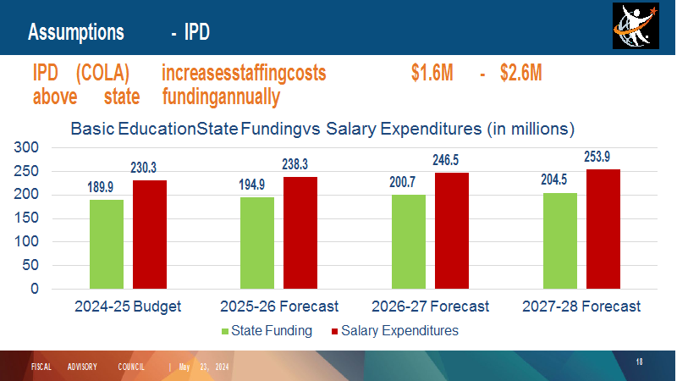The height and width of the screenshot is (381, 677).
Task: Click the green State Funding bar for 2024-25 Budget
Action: tap(107, 244)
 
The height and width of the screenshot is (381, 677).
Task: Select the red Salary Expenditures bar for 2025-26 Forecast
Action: tap(300, 233)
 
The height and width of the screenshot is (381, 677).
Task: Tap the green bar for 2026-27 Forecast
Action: tap(409, 241)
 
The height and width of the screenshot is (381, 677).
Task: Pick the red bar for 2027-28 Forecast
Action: tap(603, 229)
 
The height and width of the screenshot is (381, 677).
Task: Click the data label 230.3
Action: tap(143, 168)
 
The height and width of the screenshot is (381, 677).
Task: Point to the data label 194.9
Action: tap(251, 185)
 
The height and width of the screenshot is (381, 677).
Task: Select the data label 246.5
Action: tap(446, 160)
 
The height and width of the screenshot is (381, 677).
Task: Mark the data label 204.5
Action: tap(554, 179)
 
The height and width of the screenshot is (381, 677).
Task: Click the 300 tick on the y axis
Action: tap(26, 147)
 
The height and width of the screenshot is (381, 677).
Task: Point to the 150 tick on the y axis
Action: tap(26, 218)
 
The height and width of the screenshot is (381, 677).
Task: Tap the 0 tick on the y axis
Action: tap(35, 289)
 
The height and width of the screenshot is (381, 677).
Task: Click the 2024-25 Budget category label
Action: tap(128, 306)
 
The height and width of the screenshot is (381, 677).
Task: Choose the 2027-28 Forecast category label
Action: tap(581, 306)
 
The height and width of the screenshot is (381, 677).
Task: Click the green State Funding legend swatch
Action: tap(225, 331)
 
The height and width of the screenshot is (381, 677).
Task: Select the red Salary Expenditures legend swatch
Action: tap(334, 331)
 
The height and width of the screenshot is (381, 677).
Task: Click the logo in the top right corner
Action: tap(636, 26)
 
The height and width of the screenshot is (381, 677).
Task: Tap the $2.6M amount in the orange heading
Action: tap(520, 73)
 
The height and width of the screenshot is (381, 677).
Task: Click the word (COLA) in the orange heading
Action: tap(102, 73)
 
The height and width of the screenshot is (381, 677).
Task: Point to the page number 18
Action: tap(639, 362)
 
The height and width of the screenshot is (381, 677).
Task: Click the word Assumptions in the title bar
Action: tap(76, 32)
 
